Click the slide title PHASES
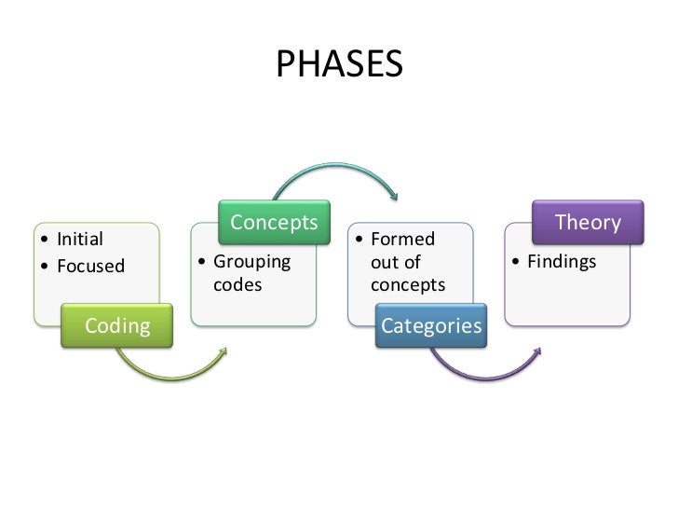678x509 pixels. pyautogui.click(x=339, y=64)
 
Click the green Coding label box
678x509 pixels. pyautogui.click(x=117, y=325)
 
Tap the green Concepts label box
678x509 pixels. pyautogui.click(x=274, y=223)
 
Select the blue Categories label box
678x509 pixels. pyautogui.click(x=431, y=325)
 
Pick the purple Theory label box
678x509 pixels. pyautogui.click(x=587, y=223)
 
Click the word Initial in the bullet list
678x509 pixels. pyautogui.click(x=80, y=240)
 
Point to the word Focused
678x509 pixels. pyautogui.click(x=90, y=266)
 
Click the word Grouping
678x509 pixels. pyautogui.click(x=251, y=262)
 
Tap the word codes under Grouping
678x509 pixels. pyautogui.click(x=237, y=284)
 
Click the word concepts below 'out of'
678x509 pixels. pyautogui.click(x=408, y=284)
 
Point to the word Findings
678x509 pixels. pyautogui.click(x=562, y=262)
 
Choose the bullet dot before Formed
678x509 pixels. pyautogui.click(x=359, y=241)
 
